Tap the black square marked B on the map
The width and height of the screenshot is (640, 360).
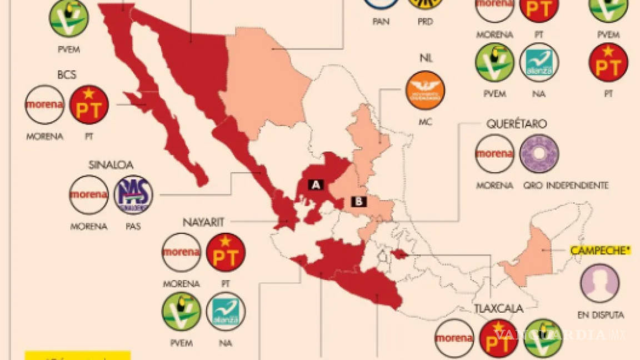pos(359,202)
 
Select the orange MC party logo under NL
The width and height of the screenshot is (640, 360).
pos(425,91)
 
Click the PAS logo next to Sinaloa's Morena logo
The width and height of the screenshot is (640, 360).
pos(133,195)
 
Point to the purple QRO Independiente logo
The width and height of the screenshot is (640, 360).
pos(539,154)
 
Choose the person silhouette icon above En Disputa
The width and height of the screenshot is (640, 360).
pos(599,283)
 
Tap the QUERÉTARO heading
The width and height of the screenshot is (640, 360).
pos(517,124)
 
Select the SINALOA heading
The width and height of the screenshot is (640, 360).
pos(111,165)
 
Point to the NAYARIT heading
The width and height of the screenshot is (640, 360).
pos(203,223)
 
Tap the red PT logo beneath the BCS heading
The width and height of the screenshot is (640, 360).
pos(89,104)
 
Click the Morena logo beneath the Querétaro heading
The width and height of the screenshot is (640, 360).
pos(494,154)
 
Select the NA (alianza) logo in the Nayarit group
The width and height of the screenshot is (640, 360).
pos(226,312)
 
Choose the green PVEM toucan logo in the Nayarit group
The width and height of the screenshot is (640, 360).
pos(181,312)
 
